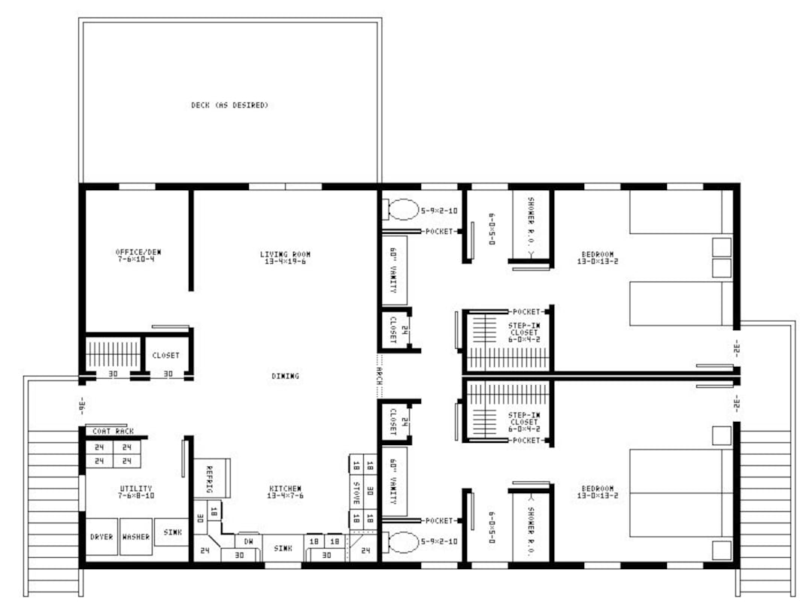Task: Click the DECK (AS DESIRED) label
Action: coord(229,105)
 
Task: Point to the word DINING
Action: coord(285,376)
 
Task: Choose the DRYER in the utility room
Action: coord(101,538)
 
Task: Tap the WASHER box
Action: coord(136,538)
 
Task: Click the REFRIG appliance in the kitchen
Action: coord(211,478)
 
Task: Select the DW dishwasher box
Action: coord(247,541)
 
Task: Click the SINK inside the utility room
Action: coord(172,532)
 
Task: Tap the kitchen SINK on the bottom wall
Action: coord(283,549)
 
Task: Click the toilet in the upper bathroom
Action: coord(402,209)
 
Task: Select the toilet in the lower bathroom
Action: coord(402,542)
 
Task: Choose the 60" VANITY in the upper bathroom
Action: coord(394,269)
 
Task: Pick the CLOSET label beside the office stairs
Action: coord(165,356)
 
